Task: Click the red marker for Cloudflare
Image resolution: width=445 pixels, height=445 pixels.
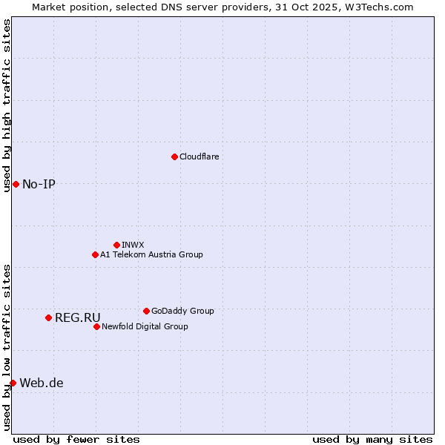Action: click(174, 156)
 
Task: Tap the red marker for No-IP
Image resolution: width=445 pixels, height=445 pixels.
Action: click(16, 184)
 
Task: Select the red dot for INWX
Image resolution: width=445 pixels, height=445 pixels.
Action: click(116, 245)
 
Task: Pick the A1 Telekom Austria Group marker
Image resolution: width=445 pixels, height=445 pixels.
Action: click(95, 254)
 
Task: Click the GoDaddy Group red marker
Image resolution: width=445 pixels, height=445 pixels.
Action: click(146, 311)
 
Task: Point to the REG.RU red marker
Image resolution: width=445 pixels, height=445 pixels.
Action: click(48, 317)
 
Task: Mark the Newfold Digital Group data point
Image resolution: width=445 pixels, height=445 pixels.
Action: click(96, 326)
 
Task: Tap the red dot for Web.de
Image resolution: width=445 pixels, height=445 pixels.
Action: click(13, 383)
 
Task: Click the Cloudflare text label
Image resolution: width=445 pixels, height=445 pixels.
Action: click(199, 156)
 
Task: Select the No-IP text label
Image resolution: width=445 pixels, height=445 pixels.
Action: click(39, 184)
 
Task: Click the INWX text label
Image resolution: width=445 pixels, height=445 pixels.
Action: click(133, 245)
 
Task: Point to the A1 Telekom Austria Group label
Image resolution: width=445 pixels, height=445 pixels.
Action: click(151, 254)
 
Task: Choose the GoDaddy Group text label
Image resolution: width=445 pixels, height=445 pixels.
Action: click(182, 311)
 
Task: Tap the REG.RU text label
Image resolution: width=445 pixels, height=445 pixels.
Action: click(77, 317)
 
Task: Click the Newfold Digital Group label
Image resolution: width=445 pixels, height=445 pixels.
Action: click(145, 326)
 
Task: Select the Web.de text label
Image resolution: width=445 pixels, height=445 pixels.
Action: click(42, 383)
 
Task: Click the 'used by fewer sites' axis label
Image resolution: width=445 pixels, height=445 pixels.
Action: click(76, 439)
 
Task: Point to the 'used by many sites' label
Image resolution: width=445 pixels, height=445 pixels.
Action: click(372, 439)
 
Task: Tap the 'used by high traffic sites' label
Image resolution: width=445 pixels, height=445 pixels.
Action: click(7, 105)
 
